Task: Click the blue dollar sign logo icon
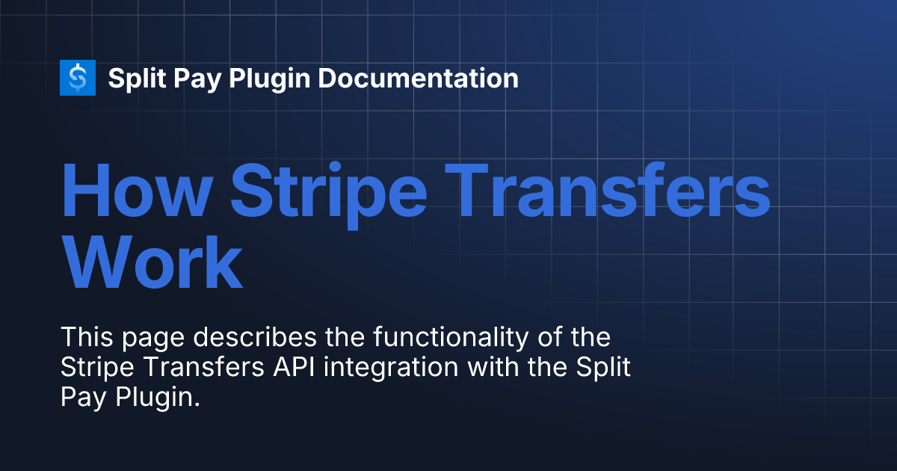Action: point(78,78)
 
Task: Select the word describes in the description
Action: point(256,337)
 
